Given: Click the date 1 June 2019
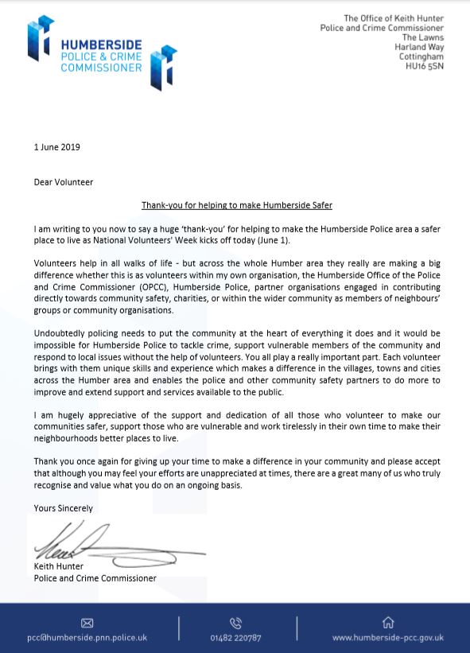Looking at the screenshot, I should tap(57, 147).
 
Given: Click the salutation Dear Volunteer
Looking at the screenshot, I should tap(64, 182).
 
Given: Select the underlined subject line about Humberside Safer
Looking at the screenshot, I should tap(236, 205).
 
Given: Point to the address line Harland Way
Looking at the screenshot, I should tap(419, 48).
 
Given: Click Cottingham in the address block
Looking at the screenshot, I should tap(421, 57).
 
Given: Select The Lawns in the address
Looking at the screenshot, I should tap(423, 38).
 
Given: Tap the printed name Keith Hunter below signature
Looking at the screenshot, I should tap(59, 567).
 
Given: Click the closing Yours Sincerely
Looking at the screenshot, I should tap(64, 508).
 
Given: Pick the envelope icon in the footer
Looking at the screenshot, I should tap(87, 623).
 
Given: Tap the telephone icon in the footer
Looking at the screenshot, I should tap(235, 623).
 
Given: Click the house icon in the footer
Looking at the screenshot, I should tap(388, 622).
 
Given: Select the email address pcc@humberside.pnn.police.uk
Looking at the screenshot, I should tap(87, 638).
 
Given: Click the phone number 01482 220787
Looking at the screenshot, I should tap(235, 638).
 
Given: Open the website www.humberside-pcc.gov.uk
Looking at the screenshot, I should tap(388, 638).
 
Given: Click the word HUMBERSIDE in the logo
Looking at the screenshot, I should tap(102, 46).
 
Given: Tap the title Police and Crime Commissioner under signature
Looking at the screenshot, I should tap(95, 578).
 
